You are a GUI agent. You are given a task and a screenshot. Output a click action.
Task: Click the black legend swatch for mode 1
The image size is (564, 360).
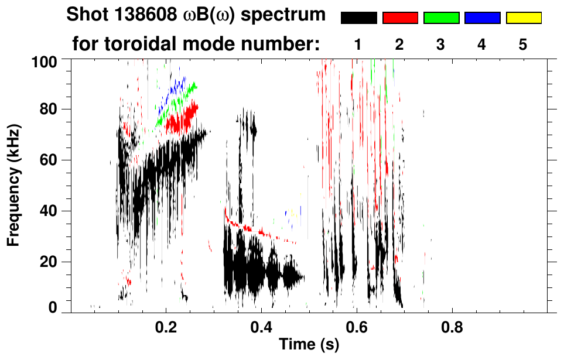tap(358, 18)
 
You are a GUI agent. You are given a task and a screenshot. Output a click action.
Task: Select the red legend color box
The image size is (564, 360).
tap(400, 18)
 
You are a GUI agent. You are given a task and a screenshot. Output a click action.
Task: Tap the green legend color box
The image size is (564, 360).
tap(441, 18)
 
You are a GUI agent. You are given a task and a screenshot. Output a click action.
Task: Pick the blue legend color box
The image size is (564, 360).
tap(482, 18)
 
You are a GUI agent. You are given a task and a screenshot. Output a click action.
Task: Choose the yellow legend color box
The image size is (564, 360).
tap(523, 18)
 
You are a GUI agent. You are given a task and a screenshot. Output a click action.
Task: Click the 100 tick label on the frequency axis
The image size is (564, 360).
tap(46, 60)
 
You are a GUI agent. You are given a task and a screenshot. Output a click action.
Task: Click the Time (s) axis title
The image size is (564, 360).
tap(308, 345)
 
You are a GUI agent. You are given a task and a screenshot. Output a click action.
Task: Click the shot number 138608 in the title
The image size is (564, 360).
tap(143, 15)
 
